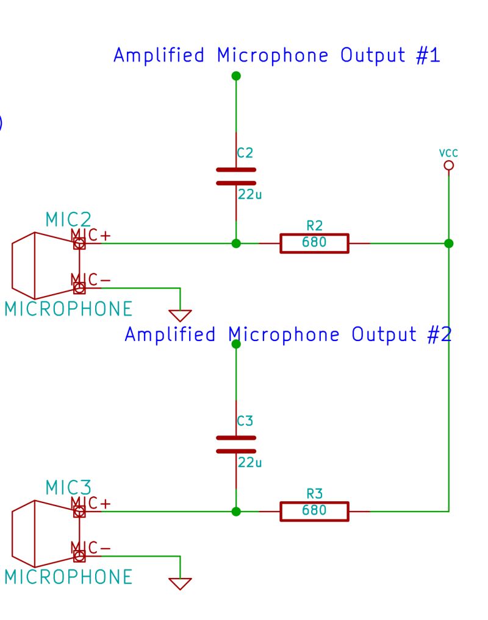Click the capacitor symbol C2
click(x=236, y=176)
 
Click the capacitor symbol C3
click(x=236, y=444)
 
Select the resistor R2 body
click(x=314, y=243)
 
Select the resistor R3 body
click(x=314, y=511)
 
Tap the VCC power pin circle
click(x=449, y=165)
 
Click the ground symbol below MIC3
click(x=181, y=583)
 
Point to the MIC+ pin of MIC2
click(x=79, y=244)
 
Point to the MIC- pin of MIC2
click(x=79, y=288)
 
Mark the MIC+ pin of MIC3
click(x=79, y=512)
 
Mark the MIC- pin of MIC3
click(x=79, y=556)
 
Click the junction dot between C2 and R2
click(x=236, y=243)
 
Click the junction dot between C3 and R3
click(x=236, y=511)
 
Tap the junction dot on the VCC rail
click(x=449, y=243)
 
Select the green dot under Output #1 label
click(x=236, y=76)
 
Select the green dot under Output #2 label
click(x=236, y=344)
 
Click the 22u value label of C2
click(x=250, y=196)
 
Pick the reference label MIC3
click(x=68, y=487)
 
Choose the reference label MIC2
click(x=68, y=219)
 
